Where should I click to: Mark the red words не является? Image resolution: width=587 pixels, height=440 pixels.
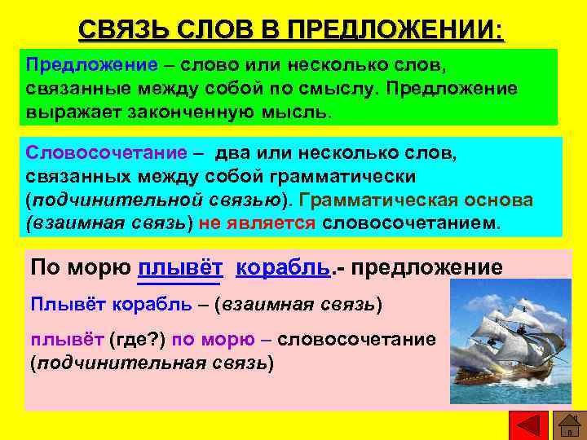[255, 223]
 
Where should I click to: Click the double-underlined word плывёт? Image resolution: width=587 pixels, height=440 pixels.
[181, 267]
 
